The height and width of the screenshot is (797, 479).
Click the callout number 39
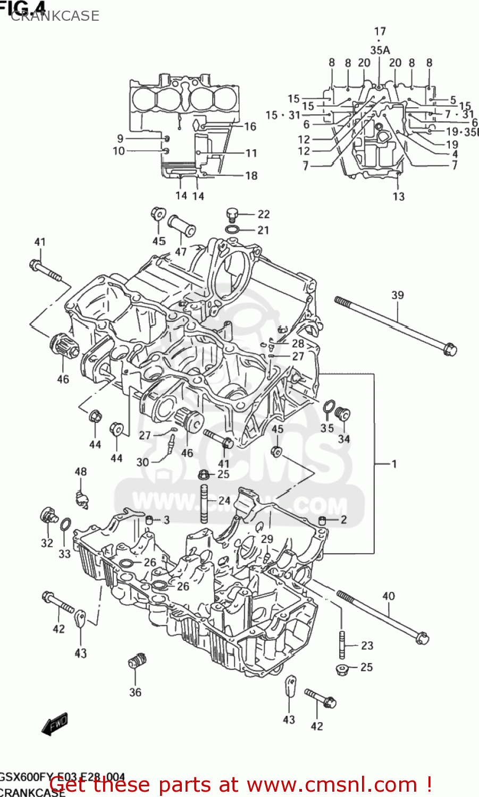point(398,295)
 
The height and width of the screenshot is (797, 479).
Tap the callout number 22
point(264,214)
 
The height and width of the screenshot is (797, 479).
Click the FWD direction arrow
point(55,723)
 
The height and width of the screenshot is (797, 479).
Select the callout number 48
point(80,472)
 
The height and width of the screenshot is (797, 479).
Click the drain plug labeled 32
point(48,515)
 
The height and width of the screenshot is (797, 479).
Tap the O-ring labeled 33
point(65,525)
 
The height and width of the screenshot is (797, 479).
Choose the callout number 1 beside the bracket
point(394,464)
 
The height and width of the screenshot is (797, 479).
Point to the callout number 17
point(380,31)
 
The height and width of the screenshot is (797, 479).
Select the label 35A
point(380,50)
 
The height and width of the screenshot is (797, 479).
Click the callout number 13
point(398,197)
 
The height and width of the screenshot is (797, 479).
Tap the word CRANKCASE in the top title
point(55,16)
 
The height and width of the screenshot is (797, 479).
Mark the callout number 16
point(250,126)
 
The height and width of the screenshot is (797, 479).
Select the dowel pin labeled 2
point(322,519)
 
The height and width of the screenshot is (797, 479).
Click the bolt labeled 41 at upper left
point(45,270)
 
